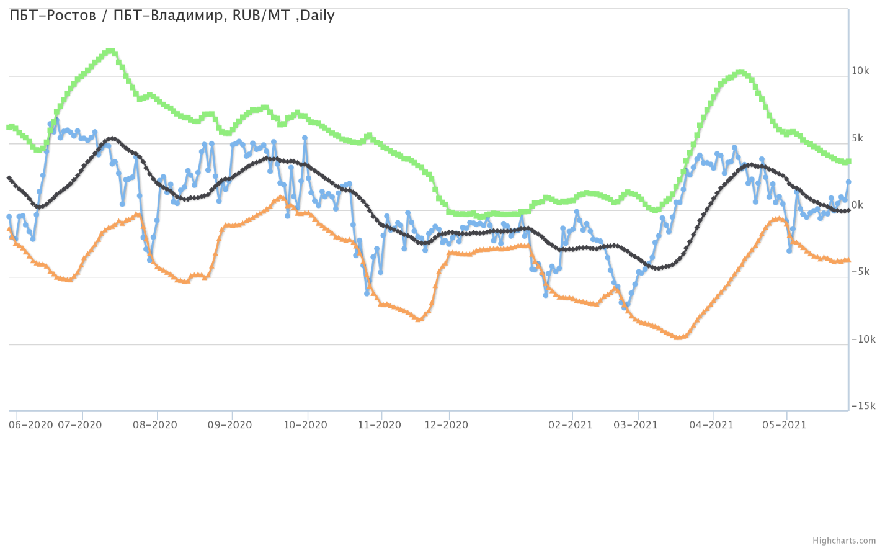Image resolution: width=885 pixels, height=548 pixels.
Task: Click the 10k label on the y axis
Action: pyautogui.click(x=860, y=71)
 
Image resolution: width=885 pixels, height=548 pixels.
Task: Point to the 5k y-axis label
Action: pyautogui.click(x=857, y=138)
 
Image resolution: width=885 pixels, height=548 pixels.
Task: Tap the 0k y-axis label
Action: pyautogui.click(x=857, y=205)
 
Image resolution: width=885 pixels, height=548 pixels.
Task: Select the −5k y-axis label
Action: pyautogui.click(x=860, y=272)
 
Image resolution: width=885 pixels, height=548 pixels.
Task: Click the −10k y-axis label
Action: pyautogui.click(x=863, y=339)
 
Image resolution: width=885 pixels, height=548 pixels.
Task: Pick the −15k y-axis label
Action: pyautogui.click(x=863, y=406)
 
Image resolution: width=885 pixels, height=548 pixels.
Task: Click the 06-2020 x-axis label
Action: pyautogui.click(x=31, y=425)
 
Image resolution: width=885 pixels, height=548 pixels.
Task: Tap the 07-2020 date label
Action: pyautogui.click(x=80, y=425)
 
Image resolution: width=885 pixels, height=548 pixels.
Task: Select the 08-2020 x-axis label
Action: pyautogui.click(x=155, y=425)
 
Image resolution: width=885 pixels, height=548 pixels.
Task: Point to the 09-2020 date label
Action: pyautogui.click(x=229, y=425)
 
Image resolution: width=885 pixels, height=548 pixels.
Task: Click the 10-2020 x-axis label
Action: pyautogui.click(x=305, y=425)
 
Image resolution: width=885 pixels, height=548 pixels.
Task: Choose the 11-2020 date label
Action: pyautogui.click(x=380, y=425)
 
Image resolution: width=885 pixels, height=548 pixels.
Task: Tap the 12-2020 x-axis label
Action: pyautogui.click(x=447, y=425)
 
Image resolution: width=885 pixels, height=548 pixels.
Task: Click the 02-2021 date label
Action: pyautogui.click(x=571, y=425)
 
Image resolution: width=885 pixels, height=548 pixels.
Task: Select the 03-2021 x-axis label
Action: pyautogui.click(x=636, y=425)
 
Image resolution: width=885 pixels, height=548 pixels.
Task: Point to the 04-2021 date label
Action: pyautogui.click(x=712, y=425)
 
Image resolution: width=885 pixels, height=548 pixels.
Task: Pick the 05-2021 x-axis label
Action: pyautogui.click(x=785, y=425)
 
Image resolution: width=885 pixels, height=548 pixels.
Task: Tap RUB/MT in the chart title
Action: pyautogui.click(x=261, y=16)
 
